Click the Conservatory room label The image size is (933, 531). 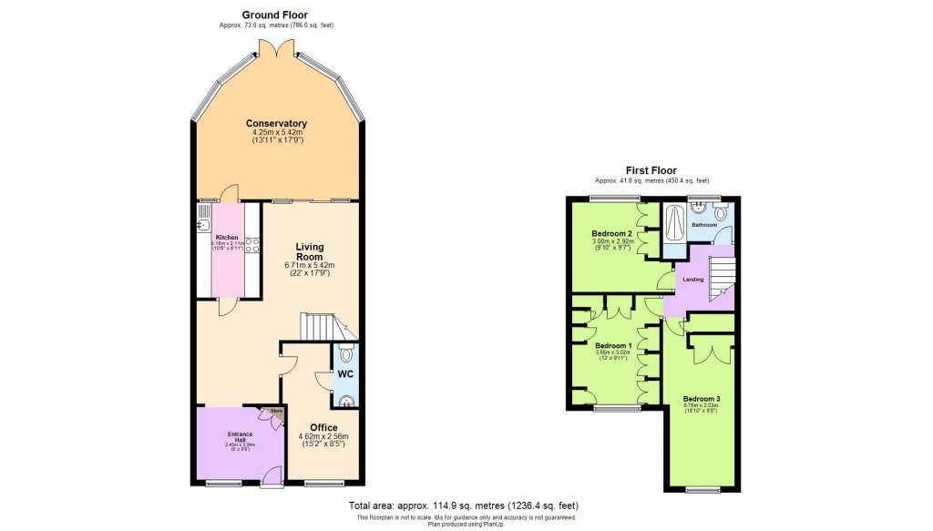pyautogui.click(x=275, y=124)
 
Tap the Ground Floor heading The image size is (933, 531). pyautogui.click(x=275, y=15)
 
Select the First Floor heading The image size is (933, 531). pyautogui.click(x=651, y=170)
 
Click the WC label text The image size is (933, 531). pyautogui.click(x=345, y=373)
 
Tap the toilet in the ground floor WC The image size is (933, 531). pyautogui.click(x=346, y=354)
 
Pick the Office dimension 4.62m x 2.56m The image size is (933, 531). pyautogui.click(x=323, y=437)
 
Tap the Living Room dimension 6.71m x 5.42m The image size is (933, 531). pyautogui.click(x=310, y=265)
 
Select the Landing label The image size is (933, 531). pyautogui.click(x=693, y=280)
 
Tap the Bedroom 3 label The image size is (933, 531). pyautogui.click(x=702, y=398)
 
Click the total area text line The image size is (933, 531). pyautogui.click(x=463, y=505)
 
